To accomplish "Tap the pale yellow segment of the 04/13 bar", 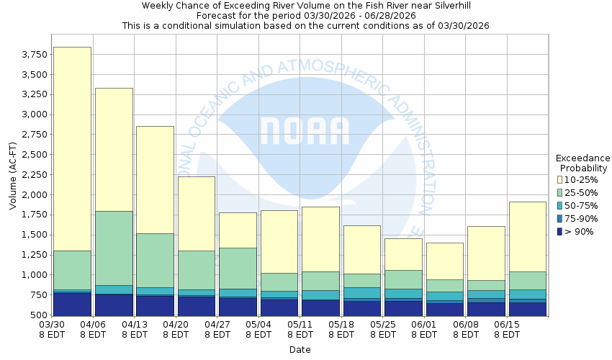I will [155, 179].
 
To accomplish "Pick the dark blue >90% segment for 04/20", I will [197, 306].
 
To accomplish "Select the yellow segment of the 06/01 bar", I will [445, 261].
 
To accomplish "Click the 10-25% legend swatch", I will [561, 179].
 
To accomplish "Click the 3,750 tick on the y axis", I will [34, 55].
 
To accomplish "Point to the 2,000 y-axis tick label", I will [34, 195].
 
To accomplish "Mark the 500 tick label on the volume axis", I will [39, 315].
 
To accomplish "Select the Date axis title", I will [300, 350].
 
